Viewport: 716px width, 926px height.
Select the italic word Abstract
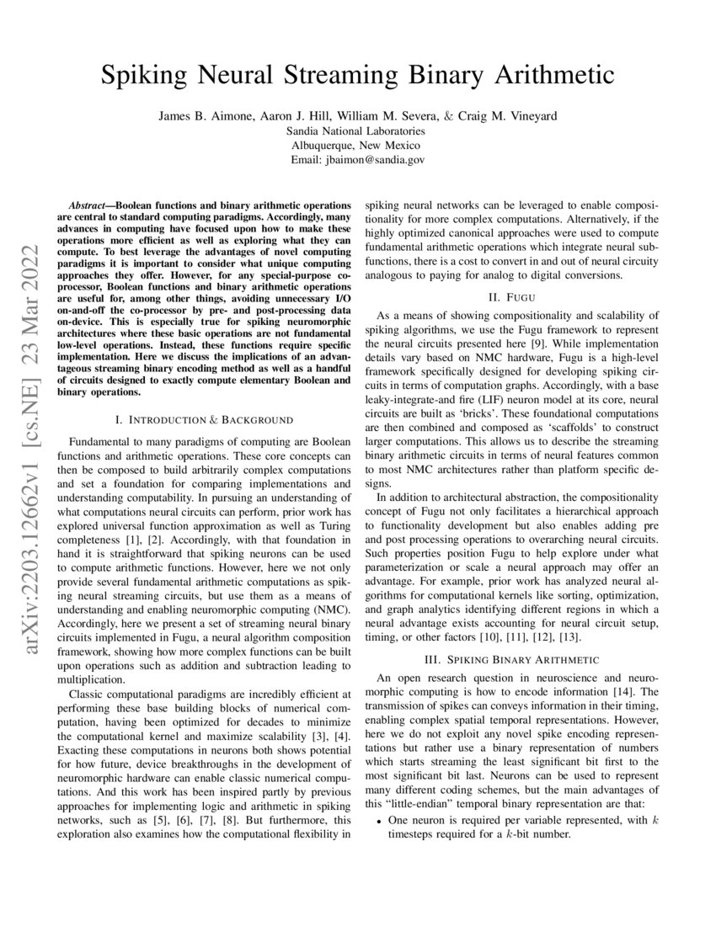(x=88, y=205)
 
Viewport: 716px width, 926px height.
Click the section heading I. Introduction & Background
(x=203, y=418)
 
